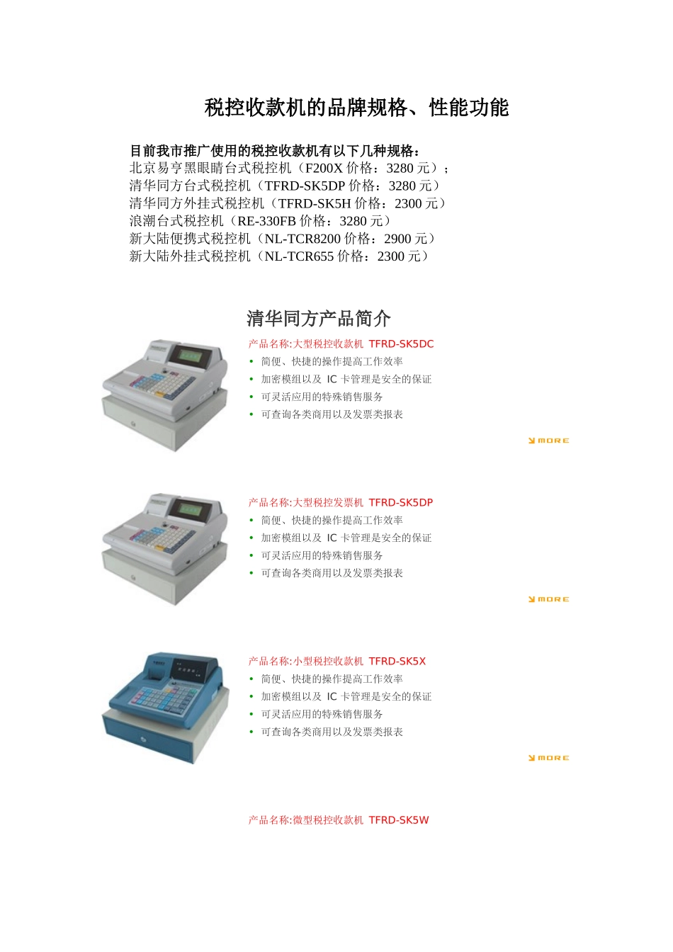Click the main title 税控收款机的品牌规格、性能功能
(356, 108)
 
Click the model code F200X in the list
(324, 169)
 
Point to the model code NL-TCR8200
(302, 239)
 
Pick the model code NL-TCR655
(299, 257)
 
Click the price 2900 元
(406, 239)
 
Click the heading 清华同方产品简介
(319, 319)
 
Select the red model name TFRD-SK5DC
(401, 344)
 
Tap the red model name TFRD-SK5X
(397, 662)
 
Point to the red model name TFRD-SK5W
(399, 820)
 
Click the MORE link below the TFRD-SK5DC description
(549, 441)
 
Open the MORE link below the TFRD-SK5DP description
(549, 599)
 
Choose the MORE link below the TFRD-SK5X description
(549, 758)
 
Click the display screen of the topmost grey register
(189, 353)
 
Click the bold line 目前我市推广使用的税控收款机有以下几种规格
(275, 151)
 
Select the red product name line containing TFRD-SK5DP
(340, 503)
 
